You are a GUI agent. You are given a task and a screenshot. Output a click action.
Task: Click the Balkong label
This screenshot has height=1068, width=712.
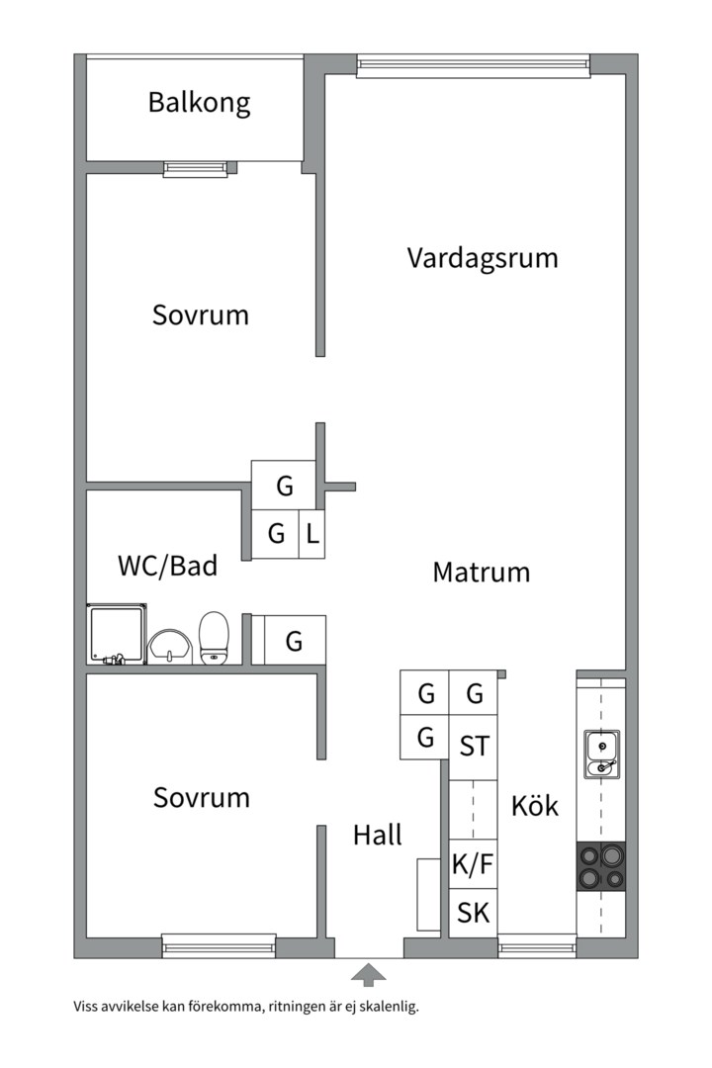coord(199,103)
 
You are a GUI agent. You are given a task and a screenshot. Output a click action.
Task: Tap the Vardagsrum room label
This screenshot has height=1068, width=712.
coord(483,258)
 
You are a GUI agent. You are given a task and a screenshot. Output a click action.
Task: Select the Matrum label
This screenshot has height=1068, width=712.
coord(481,573)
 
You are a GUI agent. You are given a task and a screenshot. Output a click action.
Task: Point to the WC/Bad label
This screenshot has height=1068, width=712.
coord(167,566)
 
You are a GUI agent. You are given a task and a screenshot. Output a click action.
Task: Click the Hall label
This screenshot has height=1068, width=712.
coord(378,835)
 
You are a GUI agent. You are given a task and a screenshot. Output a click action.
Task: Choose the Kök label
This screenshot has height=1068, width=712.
coord(535,806)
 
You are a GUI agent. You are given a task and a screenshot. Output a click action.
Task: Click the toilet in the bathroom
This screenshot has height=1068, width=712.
coord(214,638)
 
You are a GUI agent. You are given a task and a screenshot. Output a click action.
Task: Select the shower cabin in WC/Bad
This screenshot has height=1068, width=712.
coord(117,634)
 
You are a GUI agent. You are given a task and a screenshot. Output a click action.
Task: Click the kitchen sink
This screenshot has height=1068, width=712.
coord(601,754)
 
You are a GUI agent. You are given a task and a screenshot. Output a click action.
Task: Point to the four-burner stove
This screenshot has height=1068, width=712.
coord(601,866)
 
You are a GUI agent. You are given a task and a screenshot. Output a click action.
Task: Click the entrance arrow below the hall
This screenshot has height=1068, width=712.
coord(368,975)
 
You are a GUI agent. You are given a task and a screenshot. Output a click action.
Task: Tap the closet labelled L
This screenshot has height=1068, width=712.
coord(312,534)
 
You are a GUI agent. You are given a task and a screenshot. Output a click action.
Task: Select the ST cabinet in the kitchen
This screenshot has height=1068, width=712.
coord(474,747)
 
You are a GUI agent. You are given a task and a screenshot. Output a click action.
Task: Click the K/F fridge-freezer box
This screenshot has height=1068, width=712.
coord(473,864)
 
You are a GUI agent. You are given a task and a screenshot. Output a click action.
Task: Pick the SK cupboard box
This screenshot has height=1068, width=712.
coord(473,913)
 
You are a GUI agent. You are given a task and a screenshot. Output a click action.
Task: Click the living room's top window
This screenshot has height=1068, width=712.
coord(473,64)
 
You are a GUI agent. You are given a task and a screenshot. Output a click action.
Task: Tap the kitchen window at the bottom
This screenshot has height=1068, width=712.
coord(537,946)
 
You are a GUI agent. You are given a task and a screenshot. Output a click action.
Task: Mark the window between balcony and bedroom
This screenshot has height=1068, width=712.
coord(196,169)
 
